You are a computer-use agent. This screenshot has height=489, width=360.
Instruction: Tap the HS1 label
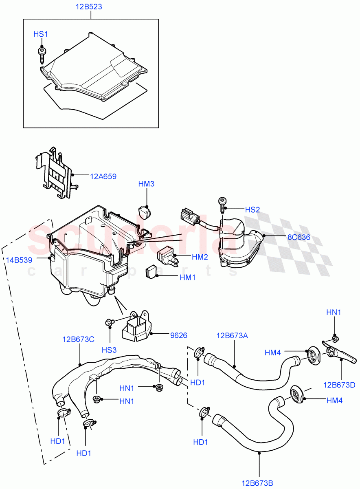pyautogui.click(x=41, y=35)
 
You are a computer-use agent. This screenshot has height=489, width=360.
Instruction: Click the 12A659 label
pyautogui.click(x=103, y=176)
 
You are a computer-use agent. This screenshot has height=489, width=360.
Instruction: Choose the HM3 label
pyautogui.click(x=146, y=184)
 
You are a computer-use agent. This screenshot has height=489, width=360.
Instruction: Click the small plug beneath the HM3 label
pyautogui.click(x=145, y=211)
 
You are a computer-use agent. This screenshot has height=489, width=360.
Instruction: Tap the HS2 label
pyautogui.click(x=252, y=209)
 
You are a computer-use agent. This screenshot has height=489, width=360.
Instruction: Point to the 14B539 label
pyautogui.click(x=19, y=260)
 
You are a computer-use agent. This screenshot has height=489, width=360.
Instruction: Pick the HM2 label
pyautogui.click(x=200, y=257)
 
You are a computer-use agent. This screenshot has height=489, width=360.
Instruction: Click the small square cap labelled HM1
pyautogui.click(x=151, y=272)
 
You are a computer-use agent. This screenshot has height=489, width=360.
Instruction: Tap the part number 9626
pyautogui.click(x=179, y=335)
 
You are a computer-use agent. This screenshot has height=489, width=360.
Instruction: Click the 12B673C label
pyautogui.click(x=79, y=339)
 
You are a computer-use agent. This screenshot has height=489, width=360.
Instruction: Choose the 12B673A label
pyautogui.click(x=232, y=336)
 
